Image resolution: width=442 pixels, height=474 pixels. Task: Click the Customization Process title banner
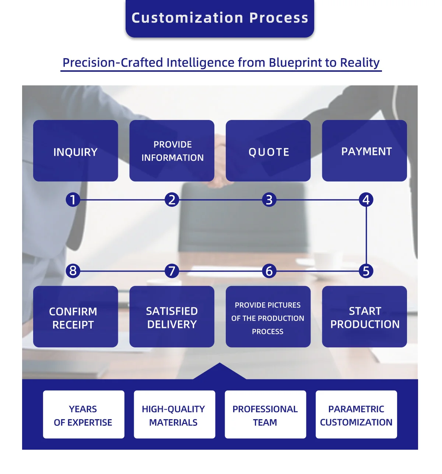[x=220, y=18]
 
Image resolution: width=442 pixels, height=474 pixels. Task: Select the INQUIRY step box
[x=76, y=151]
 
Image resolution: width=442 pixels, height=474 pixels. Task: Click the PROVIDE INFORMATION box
[x=172, y=151]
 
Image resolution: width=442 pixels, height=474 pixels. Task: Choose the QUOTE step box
[x=268, y=151]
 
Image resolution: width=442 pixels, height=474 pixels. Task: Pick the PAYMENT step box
[x=364, y=151]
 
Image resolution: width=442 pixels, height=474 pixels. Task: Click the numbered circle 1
[x=73, y=199]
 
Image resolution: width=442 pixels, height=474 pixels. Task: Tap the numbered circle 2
[x=172, y=199]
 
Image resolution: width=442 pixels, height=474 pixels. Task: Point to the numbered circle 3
[x=269, y=199]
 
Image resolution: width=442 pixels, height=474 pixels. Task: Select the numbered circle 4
[x=366, y=199]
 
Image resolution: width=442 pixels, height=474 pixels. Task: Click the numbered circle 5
[x=366, y=271]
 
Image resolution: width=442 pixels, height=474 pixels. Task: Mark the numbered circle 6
[x=269, y=271]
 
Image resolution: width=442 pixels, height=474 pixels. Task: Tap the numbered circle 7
[x=172, y=271]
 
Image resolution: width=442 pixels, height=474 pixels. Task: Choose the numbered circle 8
[x=73, y=271]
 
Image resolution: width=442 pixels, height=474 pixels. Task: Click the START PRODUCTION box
[x=364, y=316]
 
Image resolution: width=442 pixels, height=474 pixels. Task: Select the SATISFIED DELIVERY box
[x=172, y=316]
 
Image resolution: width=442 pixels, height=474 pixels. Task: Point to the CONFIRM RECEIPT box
[x=76, y=316]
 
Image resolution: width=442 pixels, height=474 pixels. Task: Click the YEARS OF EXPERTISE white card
[x=84, y=414]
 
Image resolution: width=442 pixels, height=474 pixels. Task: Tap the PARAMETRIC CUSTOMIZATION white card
[x=356, y=414]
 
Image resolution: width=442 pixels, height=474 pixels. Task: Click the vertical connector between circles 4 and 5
[x=366, y=235]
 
